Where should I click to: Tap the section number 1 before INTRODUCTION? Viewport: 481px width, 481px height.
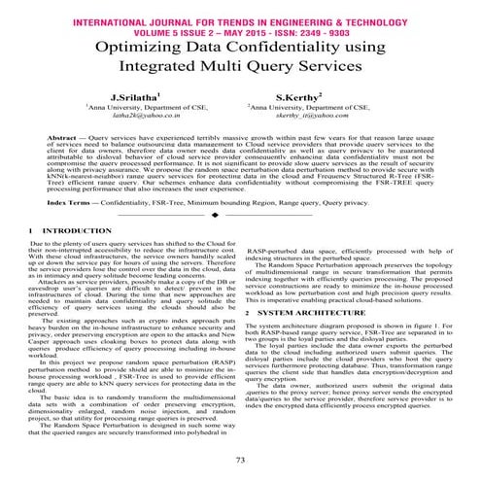[21, 229]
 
